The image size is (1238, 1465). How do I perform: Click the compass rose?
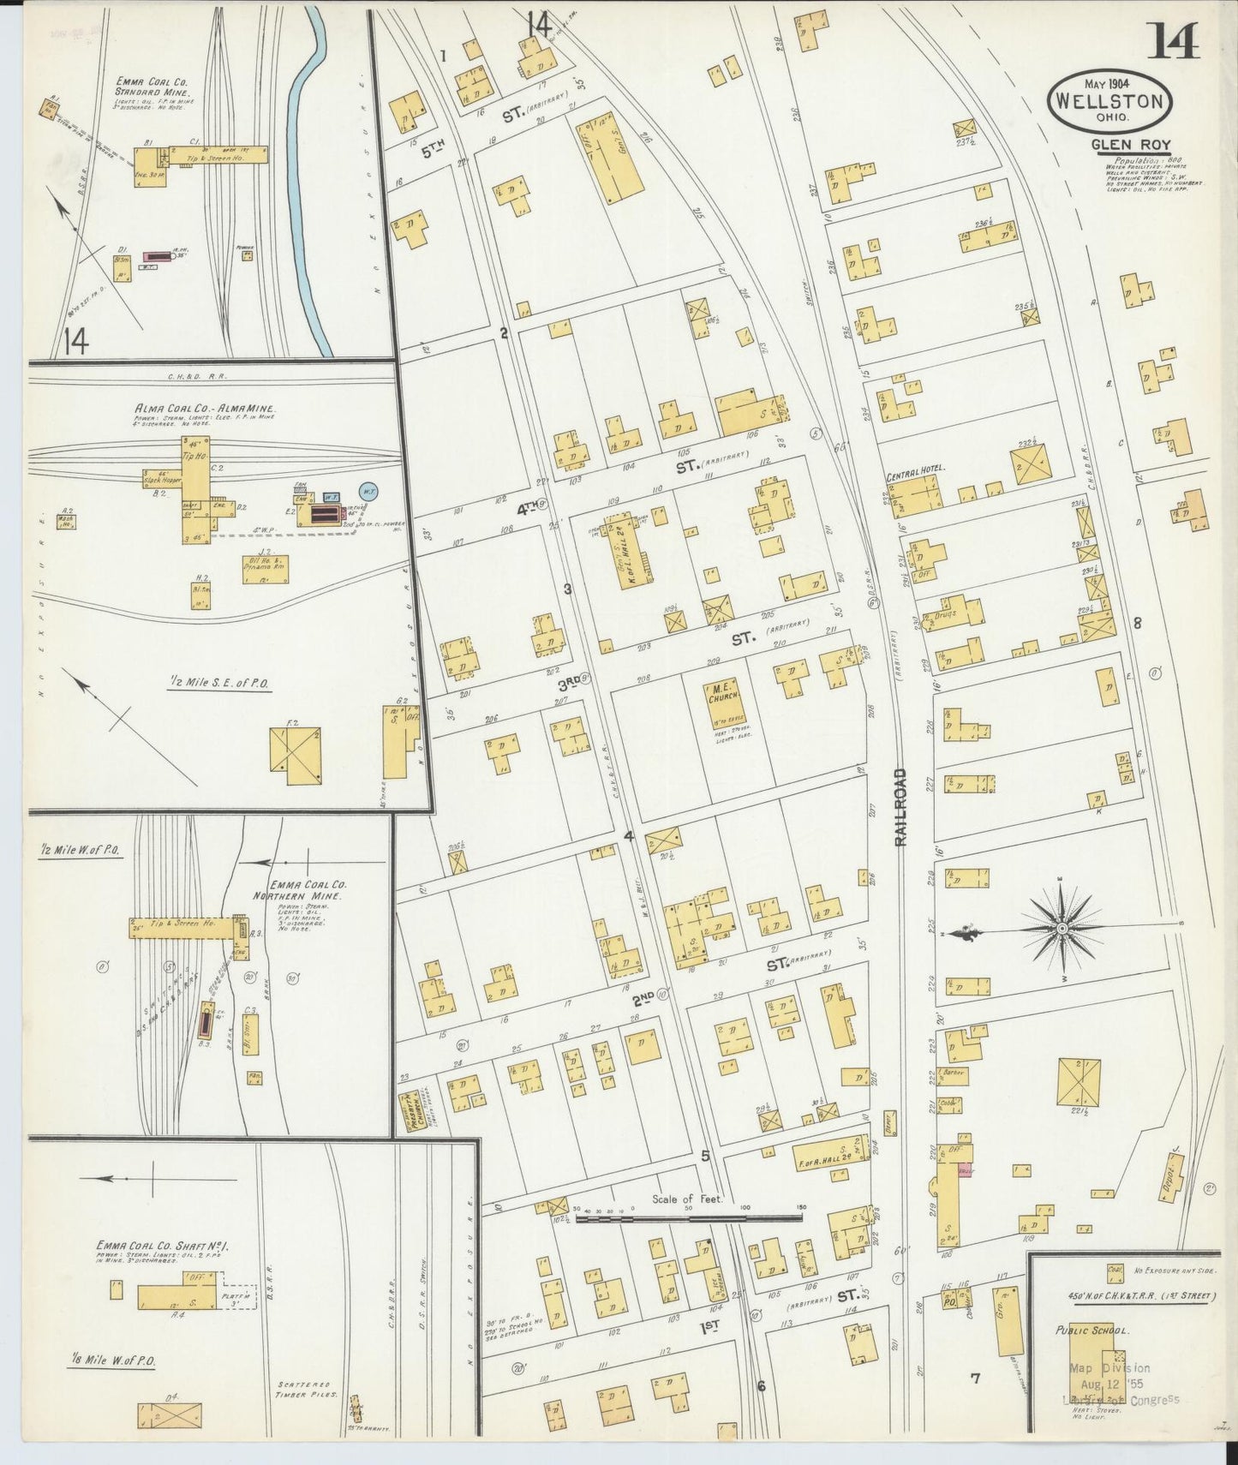tap(1062, 928)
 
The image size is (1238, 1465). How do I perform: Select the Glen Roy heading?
tap(1130, 145)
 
